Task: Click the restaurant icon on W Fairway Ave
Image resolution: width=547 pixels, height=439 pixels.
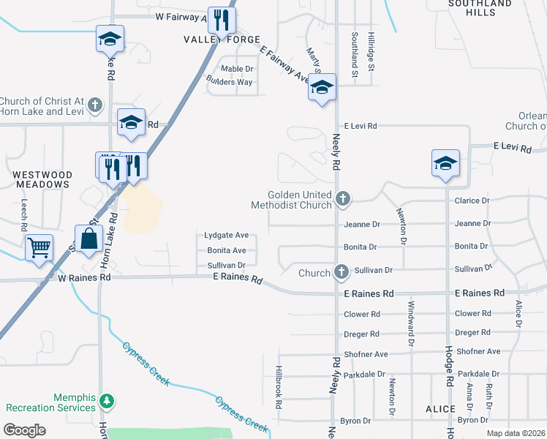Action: pos(222,20)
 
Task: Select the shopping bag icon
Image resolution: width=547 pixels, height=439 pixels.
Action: pos(88,239)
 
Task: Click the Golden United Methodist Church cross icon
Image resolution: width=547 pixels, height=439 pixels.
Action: pos(342,198)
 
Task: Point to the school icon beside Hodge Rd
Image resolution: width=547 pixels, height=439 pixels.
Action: pos(445,164)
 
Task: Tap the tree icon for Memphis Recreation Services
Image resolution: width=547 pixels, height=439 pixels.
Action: pos(107,401)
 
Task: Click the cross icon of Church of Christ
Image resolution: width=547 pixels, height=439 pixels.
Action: pos(94,105)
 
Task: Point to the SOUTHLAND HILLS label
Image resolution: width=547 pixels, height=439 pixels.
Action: pos(480,8)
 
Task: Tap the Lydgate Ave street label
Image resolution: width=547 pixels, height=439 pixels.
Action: pos(227,236)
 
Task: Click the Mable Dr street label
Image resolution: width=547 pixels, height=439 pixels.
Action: pos(237,69)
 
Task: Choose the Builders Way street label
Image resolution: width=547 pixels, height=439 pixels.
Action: pos(230,82)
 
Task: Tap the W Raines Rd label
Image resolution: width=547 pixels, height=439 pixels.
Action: pos(84,278)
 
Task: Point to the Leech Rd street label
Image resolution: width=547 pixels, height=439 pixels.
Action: pos(24,212)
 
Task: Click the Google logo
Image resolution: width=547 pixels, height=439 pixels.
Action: pos(24,430)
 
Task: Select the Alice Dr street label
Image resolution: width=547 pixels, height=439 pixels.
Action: pos(518,313)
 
